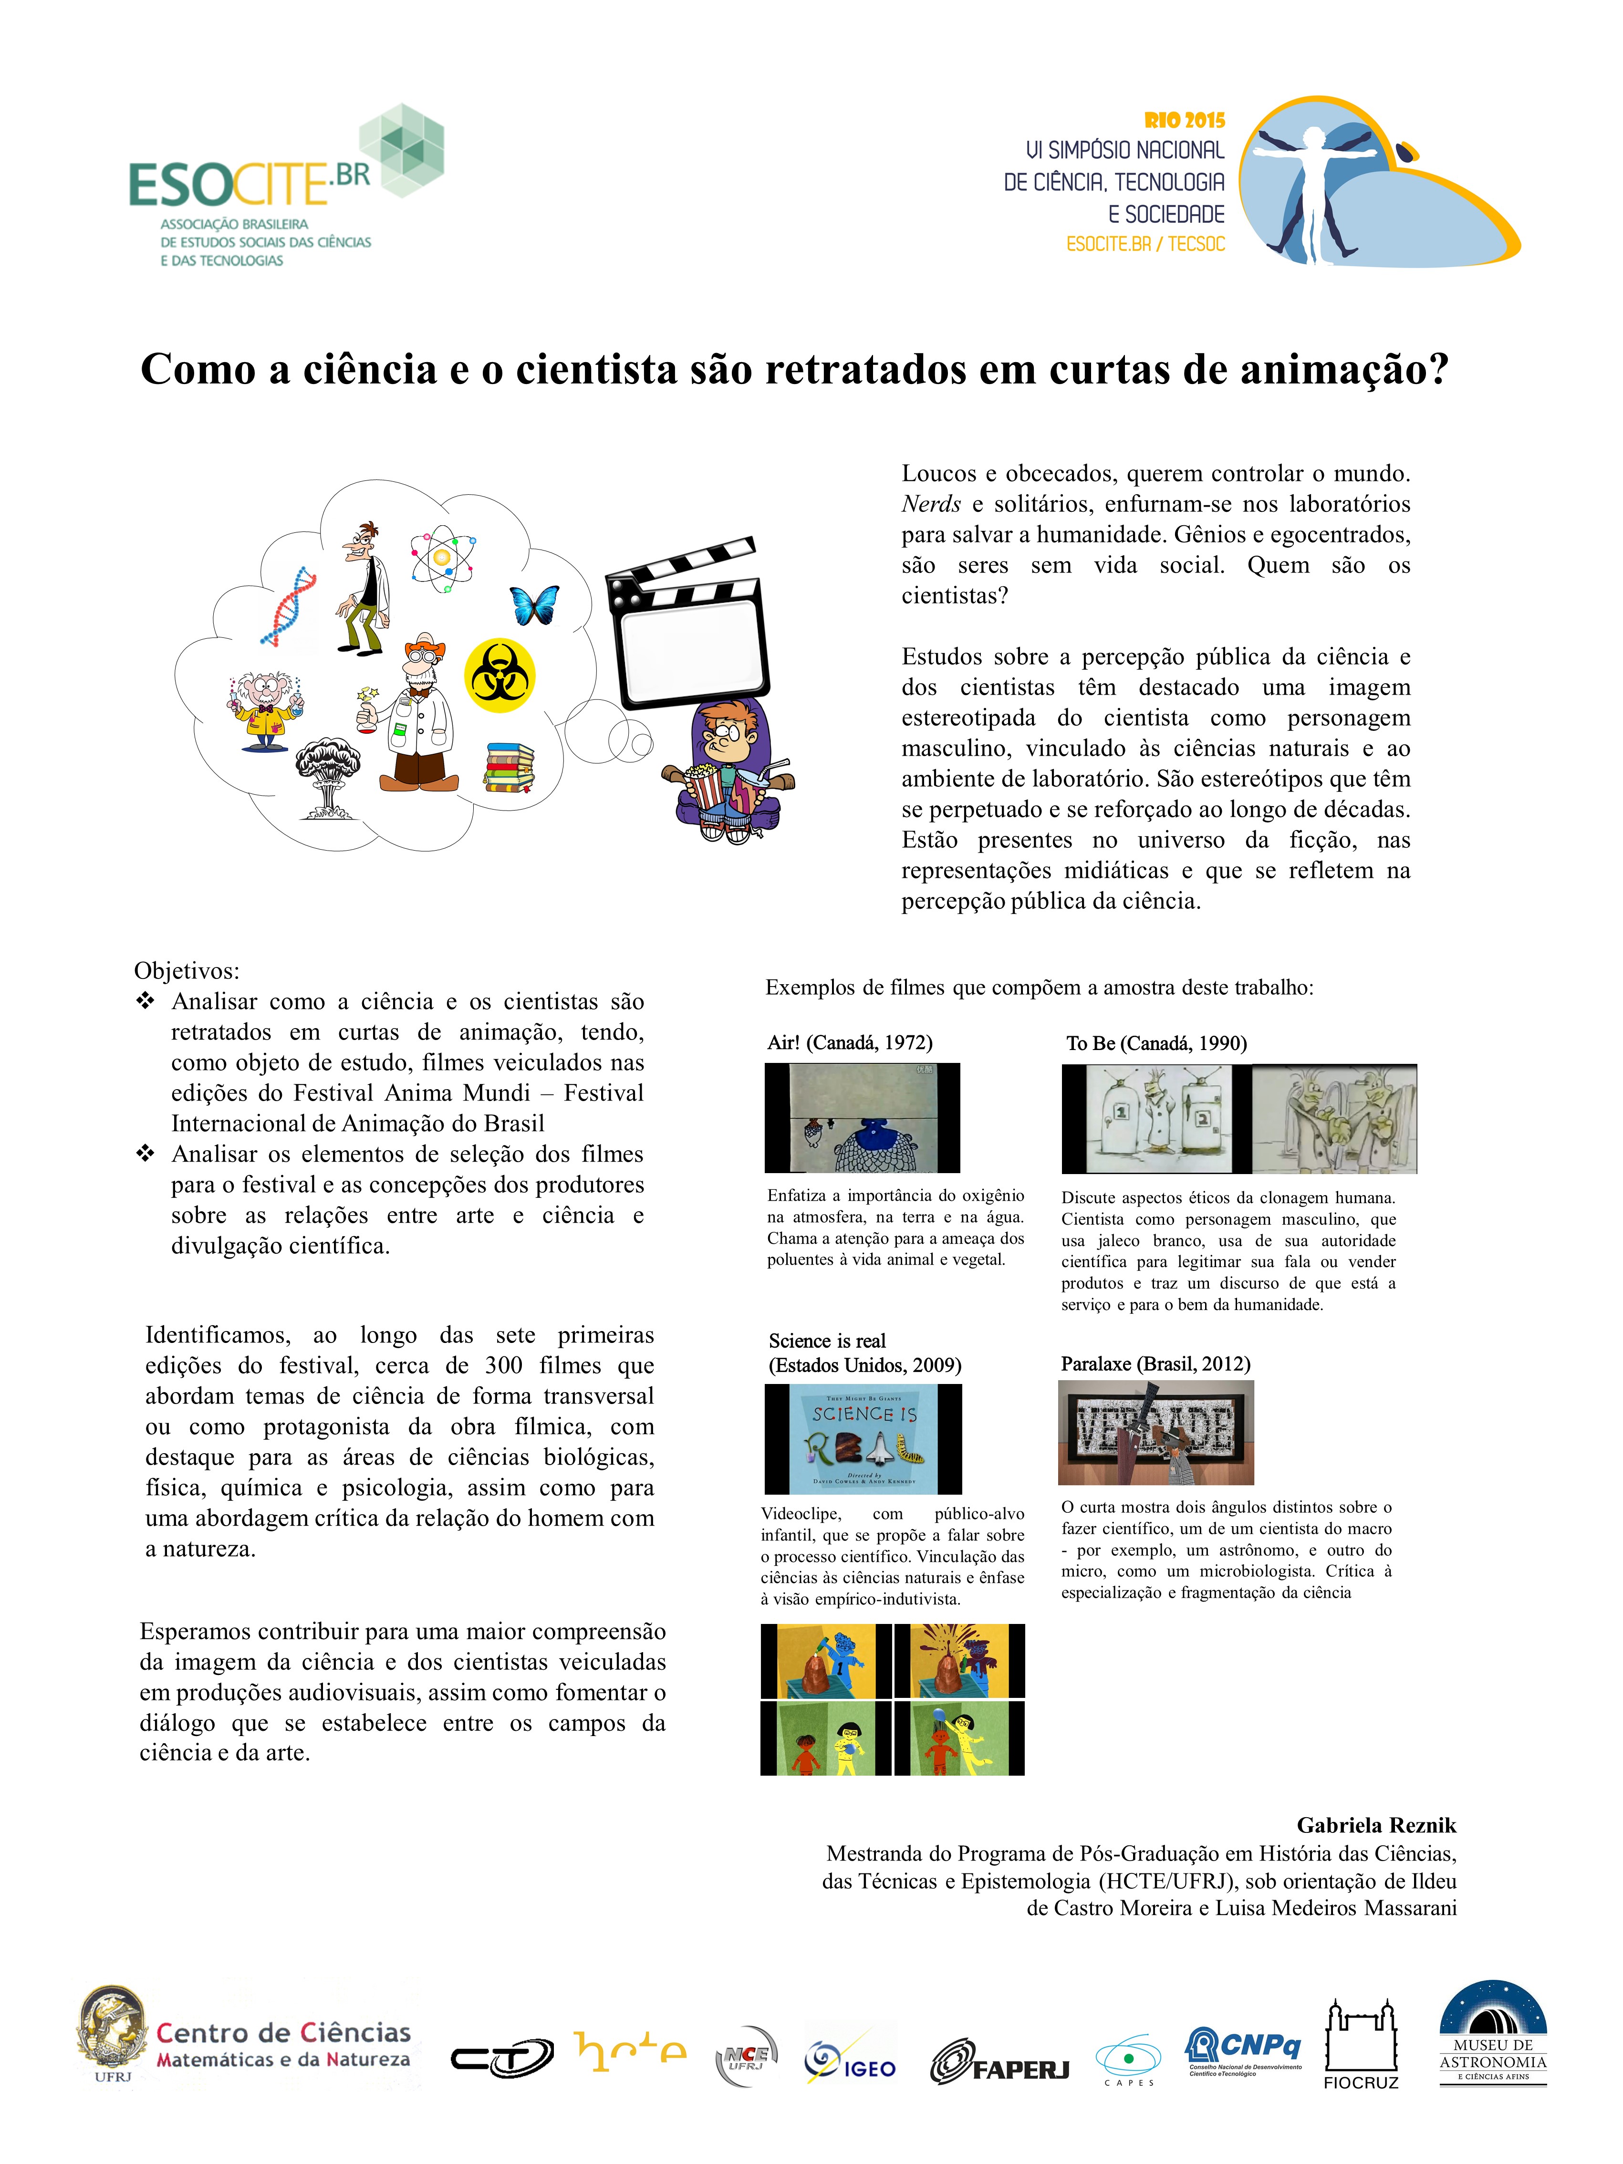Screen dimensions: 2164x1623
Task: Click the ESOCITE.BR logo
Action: [284, 186]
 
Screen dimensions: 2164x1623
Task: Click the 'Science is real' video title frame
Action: [863, 1438]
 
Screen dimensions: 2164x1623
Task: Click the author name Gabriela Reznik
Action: [1375, 1824]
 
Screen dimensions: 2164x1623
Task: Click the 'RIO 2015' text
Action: [1184, 120]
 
